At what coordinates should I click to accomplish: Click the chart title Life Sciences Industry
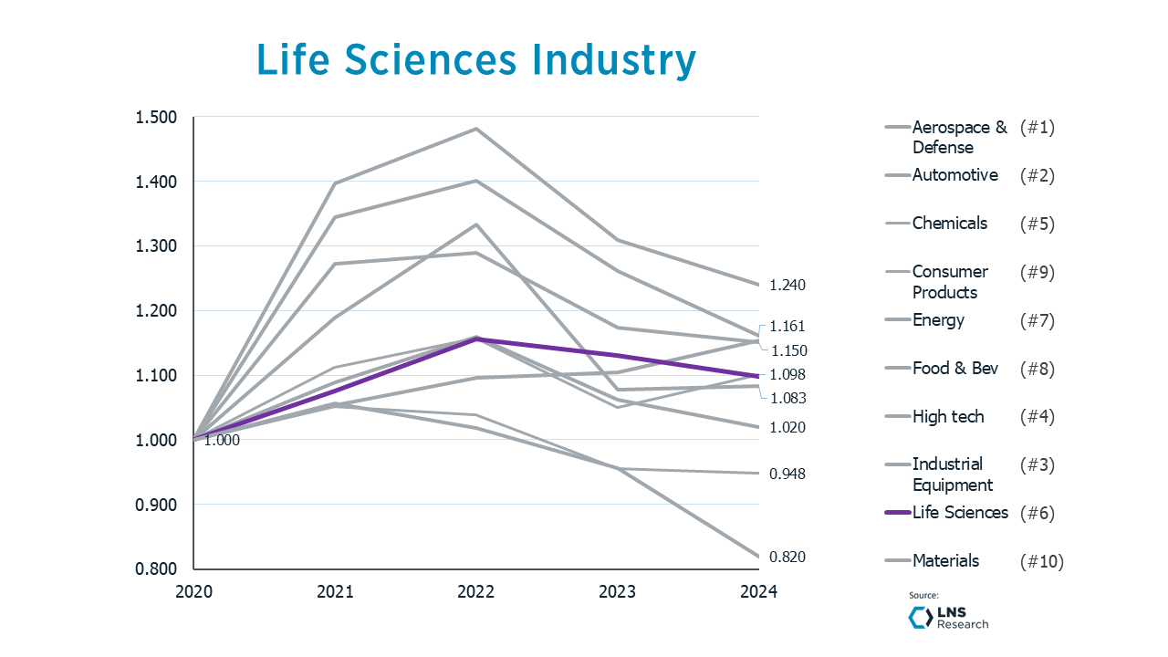(x=476, y=60)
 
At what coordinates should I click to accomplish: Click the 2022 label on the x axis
(x=476, y=591)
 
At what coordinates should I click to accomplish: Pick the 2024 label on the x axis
(x=758, y=591)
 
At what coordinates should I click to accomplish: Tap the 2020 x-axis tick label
(x=194, y=591)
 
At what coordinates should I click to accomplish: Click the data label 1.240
(x=787, y=286)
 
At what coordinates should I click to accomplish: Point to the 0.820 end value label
(x=787, y=557)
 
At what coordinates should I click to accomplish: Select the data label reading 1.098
(x=787, y=374)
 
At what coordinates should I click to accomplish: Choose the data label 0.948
(x=787, y=474)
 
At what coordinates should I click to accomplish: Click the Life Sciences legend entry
(x=959, y=513)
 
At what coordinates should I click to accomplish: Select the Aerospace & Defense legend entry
(x=959, y=137)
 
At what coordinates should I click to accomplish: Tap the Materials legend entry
(x=945, y=561)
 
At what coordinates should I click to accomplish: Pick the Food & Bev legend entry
(x=954, y=369)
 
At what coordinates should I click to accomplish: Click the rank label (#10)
(x=1041, y=561)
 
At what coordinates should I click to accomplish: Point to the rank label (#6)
(x=1037, y=513)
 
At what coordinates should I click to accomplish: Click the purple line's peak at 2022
(x=476, y=339)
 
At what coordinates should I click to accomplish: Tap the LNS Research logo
(x=948, y=617)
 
